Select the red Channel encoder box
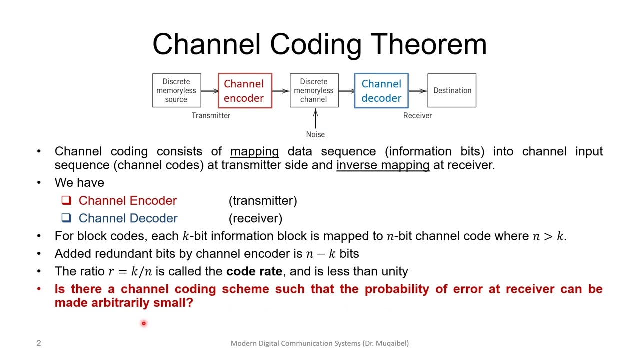pyautogui.click(x=244, y=91)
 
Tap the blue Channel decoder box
pyautogui.click(x=381, y=91)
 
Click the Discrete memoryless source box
pyautogui.click(x=176, y=91)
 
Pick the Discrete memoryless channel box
pyautogui.click(x=314, y=91)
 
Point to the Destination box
pyautogui.click(x=452, y=91)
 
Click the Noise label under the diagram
pyautogui.click(x=315, y=134)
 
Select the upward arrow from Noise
pyautogui.click(x=315, y=119)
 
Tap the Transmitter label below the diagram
pyautogui.click(x=211, y=115)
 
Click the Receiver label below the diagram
pyautogui.click(x=417, y=115)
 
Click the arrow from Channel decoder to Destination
pyautogui.click(x=418, y=91)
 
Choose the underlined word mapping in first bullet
pyautogui.click(x=254, y=151)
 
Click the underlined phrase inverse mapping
pyautogui.click(x=383, y=165)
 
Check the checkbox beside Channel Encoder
pyautogui.click(x=66, y=200)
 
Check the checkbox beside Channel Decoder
pyautogui.click(x=66, y=218)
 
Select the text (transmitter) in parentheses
pyautogui.click(x=263, y=201)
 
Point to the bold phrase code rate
pyautogui.click(x=254, y=271)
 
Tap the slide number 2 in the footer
pyautogui.click(x=39, y=343)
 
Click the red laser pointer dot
pyautogui.click(x=143, y=324)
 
